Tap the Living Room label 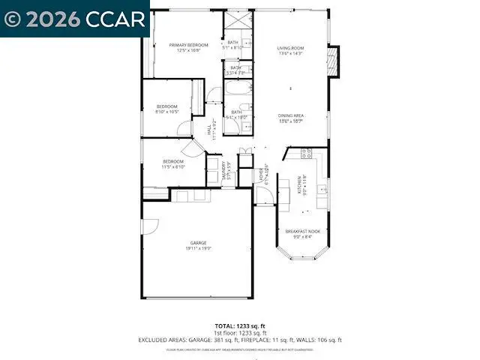291,49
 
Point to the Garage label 198,243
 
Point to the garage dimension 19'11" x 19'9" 198,249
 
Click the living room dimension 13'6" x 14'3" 291,54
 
